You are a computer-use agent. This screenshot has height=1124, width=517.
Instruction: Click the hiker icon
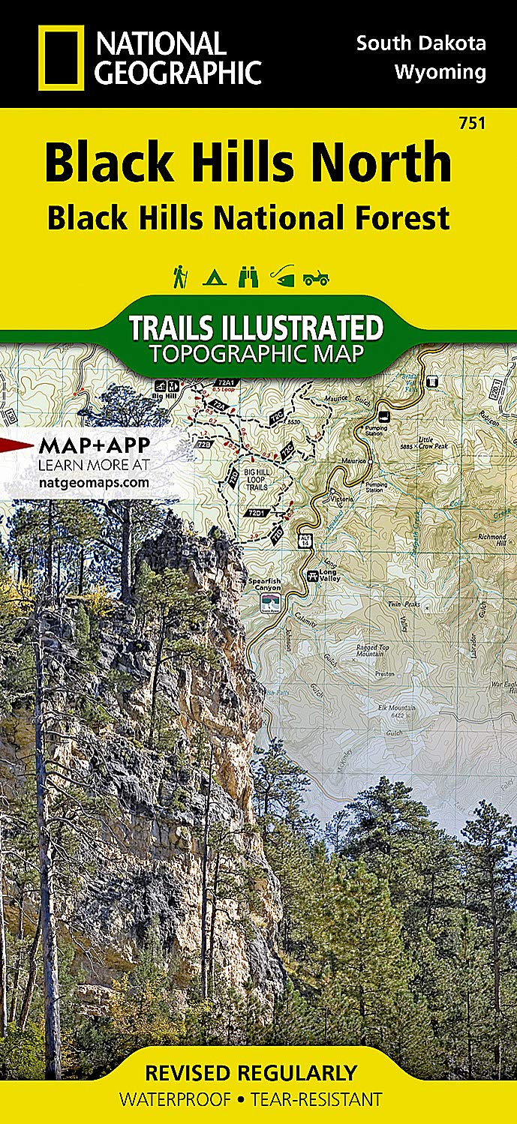180,277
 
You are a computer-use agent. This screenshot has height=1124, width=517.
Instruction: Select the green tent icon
212,278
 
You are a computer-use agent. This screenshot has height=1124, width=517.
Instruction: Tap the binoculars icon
248,277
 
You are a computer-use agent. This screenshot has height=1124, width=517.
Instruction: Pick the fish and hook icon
281,277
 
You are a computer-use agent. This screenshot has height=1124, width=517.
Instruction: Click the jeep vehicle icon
316,278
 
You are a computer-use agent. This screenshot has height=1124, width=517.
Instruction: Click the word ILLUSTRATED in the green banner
312,328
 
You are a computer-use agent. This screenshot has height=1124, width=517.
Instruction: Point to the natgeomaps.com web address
93,482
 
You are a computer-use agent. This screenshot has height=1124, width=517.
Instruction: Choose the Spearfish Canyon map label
266,586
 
